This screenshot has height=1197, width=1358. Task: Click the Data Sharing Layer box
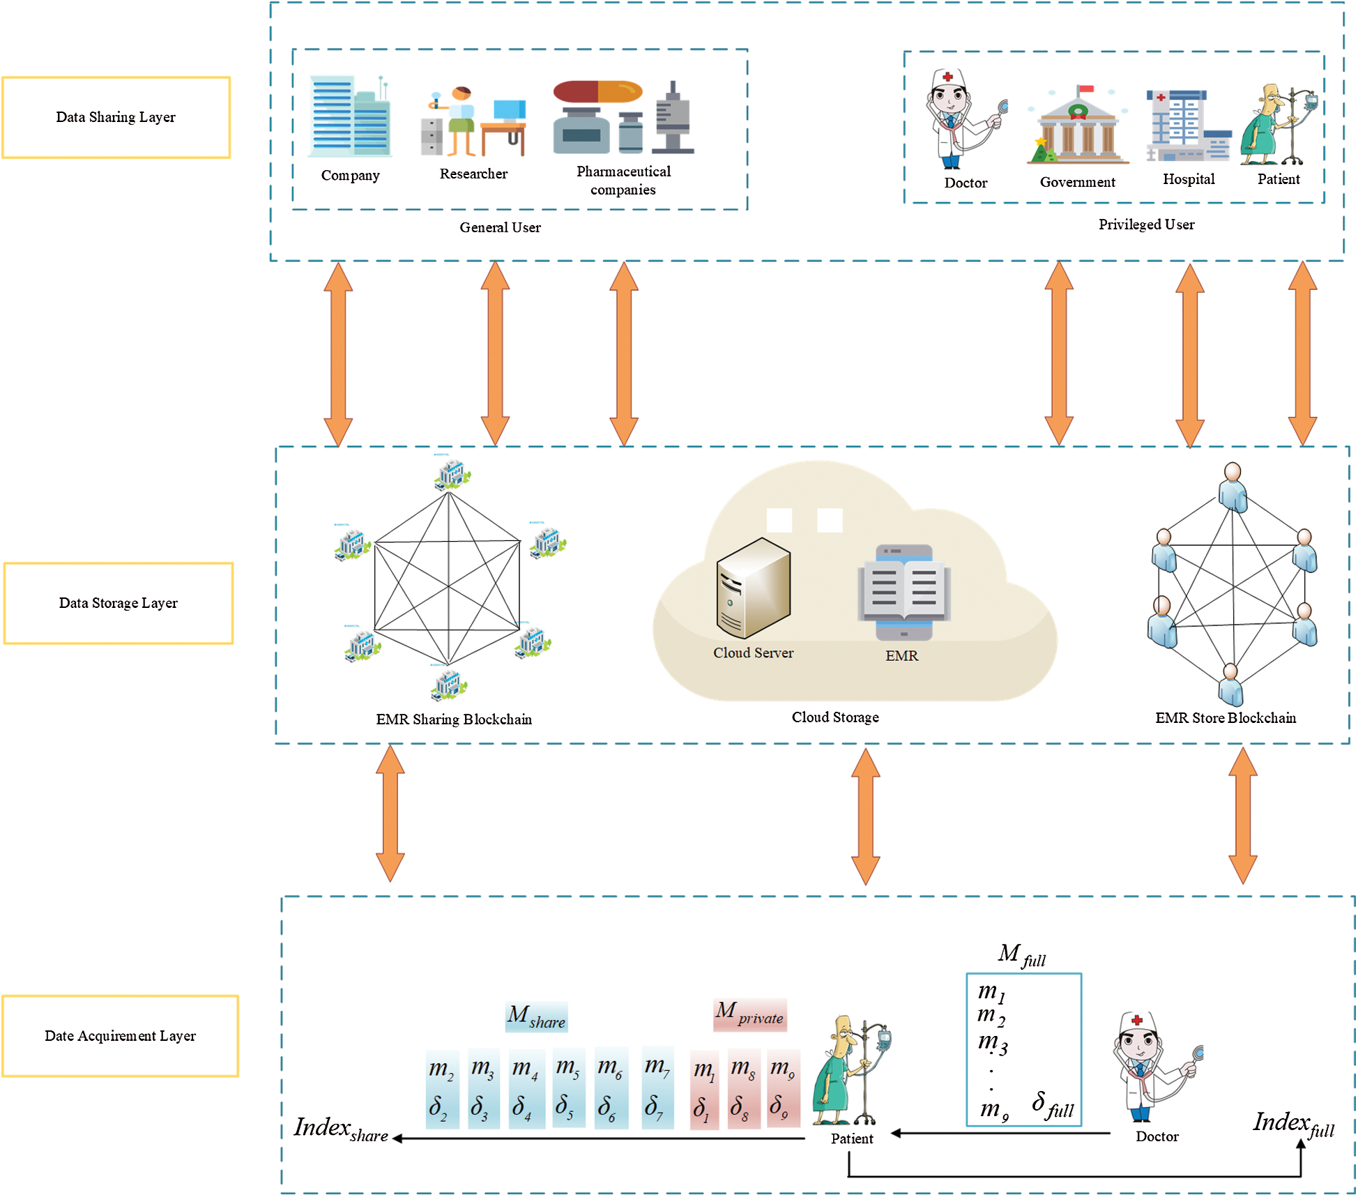point(116,117)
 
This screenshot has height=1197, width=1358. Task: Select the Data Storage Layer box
point(118,603)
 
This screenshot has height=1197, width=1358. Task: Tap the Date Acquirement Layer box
point(120,1036)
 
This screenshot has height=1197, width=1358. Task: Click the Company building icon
point(351,117)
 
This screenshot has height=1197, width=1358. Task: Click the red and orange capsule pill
point(597,92)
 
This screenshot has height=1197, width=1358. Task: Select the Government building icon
point(1077,128)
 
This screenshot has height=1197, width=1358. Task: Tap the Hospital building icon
point(1188,126)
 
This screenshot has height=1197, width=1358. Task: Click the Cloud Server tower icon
point(753,588)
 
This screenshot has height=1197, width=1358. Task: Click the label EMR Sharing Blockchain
point(454,719)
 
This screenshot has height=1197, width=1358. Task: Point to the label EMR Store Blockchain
point(1225,718)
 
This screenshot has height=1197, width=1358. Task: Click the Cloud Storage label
point(834,717)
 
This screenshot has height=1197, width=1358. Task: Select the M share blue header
point(536,1017)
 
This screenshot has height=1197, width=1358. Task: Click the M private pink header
point(750,1014)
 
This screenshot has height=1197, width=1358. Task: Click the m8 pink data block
point(743,1088)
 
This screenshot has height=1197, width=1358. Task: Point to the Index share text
point(340,1129)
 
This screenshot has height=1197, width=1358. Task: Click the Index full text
point(1292,1124)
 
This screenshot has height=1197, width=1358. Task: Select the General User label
point(500,227)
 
